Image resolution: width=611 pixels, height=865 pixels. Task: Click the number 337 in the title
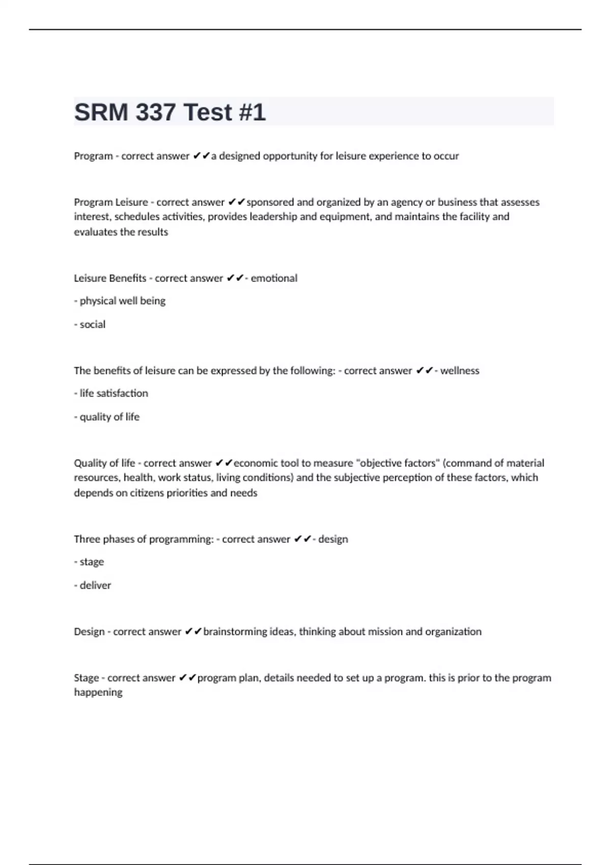click(156, 112)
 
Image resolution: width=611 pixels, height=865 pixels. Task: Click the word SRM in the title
click(102, 112)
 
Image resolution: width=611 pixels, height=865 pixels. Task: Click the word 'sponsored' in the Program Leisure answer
click(270, 202)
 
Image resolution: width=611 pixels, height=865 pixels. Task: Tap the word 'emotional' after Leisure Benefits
click(274, 278)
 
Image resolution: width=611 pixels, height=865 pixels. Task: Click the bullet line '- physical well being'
click(120, 301)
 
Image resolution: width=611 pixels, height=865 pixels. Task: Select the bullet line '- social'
click(90, 324)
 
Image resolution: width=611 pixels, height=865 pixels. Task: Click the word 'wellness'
click(460, 370)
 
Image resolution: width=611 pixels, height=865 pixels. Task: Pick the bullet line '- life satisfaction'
click(112, 393)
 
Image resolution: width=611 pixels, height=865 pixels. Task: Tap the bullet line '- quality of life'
click(107, 417)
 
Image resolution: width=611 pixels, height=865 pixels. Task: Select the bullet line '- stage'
click(89, 562)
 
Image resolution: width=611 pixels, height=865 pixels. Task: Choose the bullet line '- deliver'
click(93, 585)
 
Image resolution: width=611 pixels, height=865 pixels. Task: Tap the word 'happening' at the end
click(98, 693)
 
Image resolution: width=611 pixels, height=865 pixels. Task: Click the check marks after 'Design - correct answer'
click(193, 631)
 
